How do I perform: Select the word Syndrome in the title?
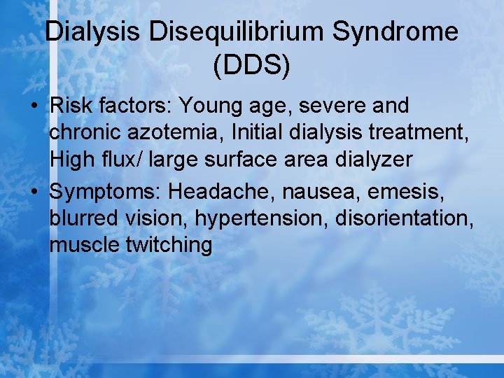[394, 32]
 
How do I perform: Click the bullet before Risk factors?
[34, 107]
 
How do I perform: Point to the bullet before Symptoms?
[34, 191]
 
